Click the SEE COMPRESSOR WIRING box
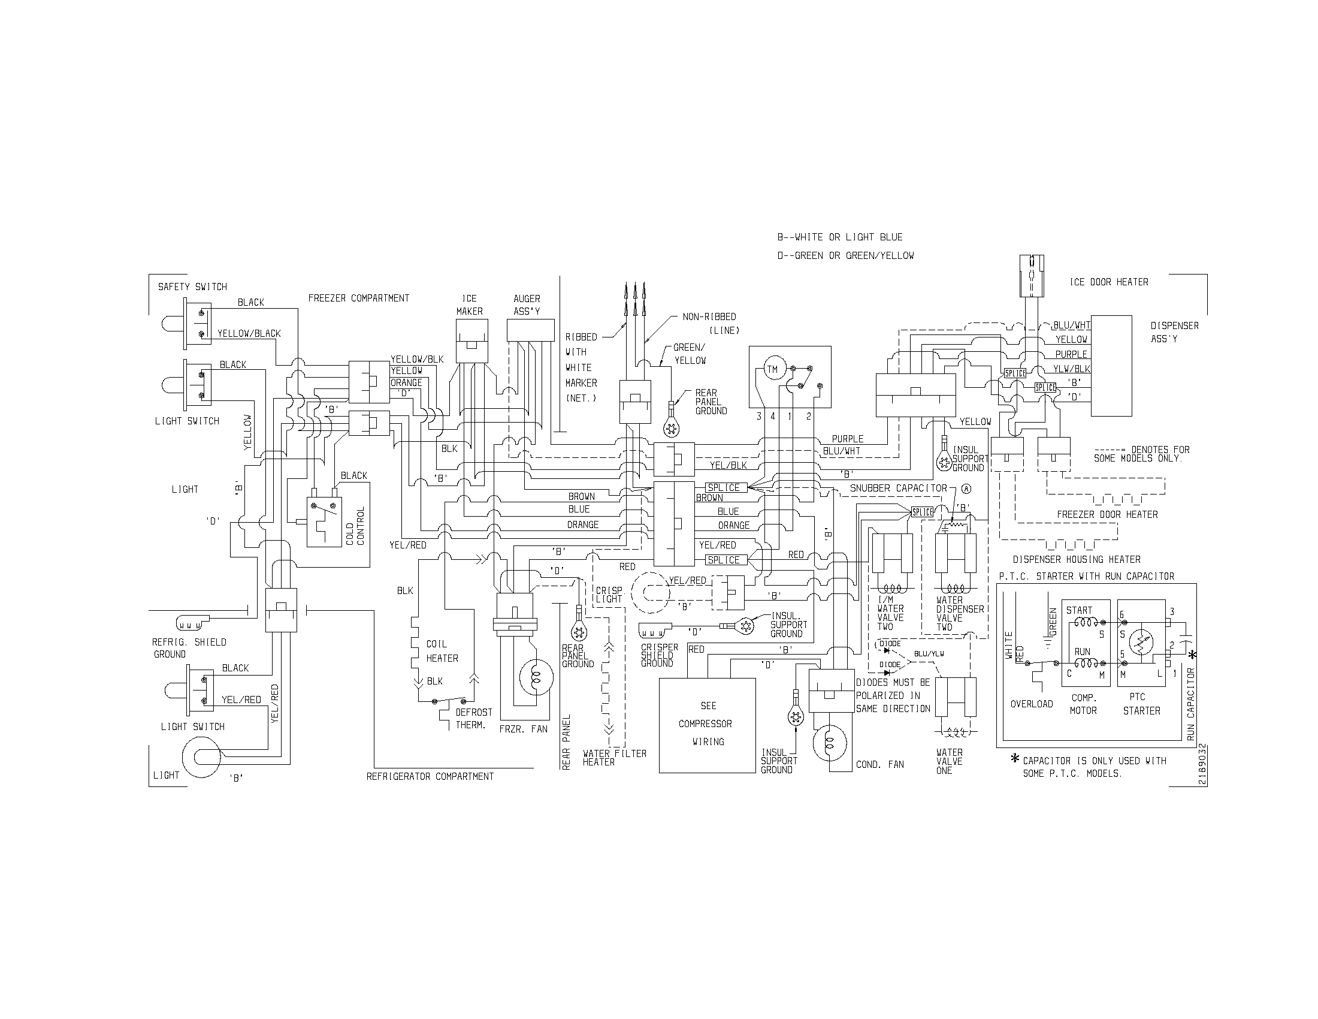click(x=708, y=725)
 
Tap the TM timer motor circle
click(x=772, y=369)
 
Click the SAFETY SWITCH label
click(x=192, y=287)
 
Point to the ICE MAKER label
click(x=469, y=305)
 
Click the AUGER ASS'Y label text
click(x=526, y=305)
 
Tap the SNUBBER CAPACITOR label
click(x=899, y=488)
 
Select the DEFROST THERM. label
click(x=474, y=718)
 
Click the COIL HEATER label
click(x=442, y=651)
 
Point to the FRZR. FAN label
click(x=523, y=729)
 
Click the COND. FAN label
click(x=880, y=764)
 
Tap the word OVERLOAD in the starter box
click(x=1032, y=704)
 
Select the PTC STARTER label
click(x=1141, y=704)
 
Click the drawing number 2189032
click(x=1203, y=764)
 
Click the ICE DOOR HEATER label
click(x=1108, y=282)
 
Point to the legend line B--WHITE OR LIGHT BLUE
click(x=839, y=237)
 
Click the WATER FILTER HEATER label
click(x=613, y=758)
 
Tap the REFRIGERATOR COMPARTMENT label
click(x=430, y=776)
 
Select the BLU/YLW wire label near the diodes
click(x=929, y=654)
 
